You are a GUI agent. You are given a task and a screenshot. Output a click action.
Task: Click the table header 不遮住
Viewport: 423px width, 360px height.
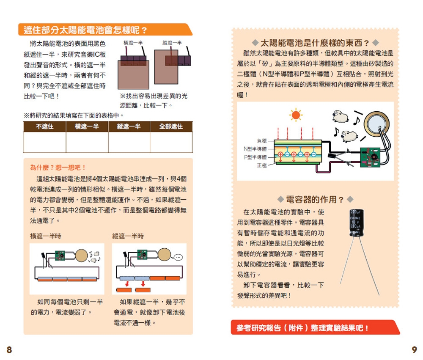point(45,126)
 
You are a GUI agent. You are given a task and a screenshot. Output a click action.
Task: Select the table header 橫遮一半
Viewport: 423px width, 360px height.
point(87,126)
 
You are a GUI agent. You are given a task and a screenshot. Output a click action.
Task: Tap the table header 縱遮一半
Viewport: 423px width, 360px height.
point(129,126)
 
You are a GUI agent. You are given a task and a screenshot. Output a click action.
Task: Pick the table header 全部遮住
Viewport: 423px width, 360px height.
point(171,126)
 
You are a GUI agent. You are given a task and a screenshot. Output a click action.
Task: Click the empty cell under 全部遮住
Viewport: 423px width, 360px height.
point(171,142)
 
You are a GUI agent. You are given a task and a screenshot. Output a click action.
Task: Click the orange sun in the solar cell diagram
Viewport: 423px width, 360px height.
point(296,115)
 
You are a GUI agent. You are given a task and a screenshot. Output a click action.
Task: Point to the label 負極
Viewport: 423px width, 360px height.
point(262,140)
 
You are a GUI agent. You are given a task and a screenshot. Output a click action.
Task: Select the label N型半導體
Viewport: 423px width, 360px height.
point(255,149)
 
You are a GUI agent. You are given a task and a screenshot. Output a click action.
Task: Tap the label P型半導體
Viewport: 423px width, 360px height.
point(255,157)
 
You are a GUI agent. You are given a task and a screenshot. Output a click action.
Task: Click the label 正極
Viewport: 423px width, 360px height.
point(262,165)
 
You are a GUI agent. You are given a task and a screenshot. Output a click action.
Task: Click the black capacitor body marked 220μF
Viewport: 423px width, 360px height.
point(357,223)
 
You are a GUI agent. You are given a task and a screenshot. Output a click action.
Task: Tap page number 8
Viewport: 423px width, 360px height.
point(9,350)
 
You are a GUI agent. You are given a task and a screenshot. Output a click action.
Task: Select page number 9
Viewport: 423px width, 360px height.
point(415,350)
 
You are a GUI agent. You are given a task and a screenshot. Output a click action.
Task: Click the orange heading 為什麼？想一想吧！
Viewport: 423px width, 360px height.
point(58,168)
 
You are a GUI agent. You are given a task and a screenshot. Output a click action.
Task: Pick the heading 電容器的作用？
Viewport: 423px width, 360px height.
point(315,199)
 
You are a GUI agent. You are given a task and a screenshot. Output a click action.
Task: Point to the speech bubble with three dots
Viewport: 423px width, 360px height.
point(178,257)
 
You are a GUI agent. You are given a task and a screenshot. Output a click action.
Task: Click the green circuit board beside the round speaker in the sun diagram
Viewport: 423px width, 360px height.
point(370,157)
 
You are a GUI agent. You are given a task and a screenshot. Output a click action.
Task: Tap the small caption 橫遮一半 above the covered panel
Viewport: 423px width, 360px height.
point(133,43)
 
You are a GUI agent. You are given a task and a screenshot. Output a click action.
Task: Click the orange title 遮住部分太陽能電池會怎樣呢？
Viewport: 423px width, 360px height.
point(85,30)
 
